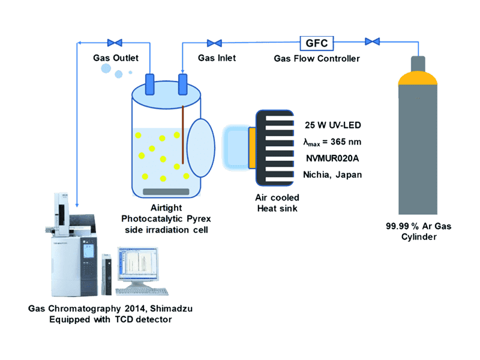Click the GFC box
click(317, 43)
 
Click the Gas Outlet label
click(116, 58)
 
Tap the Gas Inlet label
click(217, 58)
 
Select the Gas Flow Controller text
click(317, 58)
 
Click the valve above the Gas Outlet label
click(115, 43)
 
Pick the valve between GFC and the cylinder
click(372, 42)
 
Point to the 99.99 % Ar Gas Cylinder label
click(418, 232)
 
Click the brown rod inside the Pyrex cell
click(182, 135)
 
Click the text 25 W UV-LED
click(332, 125)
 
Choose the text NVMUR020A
click(333, 158)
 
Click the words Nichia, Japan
click(332, 175)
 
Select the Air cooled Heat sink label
click(278, 203)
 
